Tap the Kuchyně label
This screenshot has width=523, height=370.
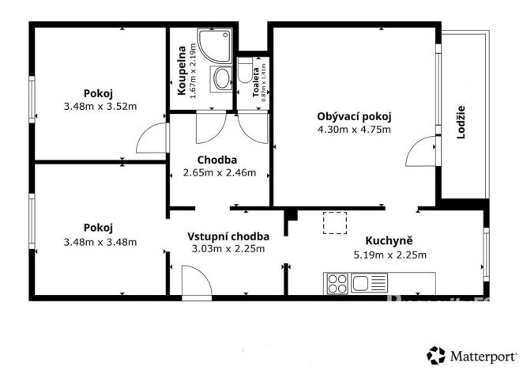[389, 241]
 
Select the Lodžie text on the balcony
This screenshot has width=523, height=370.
[461, 123]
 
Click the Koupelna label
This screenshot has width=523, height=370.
[181, 68]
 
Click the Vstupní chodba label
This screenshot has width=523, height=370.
[228, 236]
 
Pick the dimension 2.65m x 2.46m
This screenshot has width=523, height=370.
[220, 173]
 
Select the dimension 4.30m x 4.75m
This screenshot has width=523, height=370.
[355, 130]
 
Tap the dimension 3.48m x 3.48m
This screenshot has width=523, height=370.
[100, 242]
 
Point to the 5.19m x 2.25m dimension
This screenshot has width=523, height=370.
[389, 255]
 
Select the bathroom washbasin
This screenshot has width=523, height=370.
[220, 78]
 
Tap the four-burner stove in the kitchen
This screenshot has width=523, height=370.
[337, 282]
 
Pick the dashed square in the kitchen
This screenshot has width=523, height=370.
[336, 224]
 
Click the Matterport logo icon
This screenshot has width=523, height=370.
[435, 353]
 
